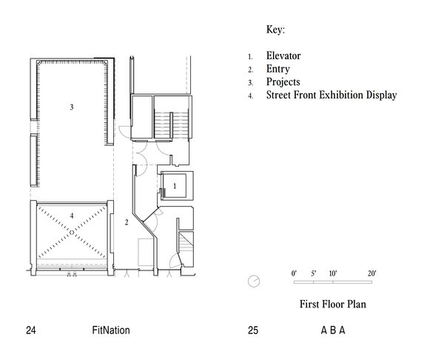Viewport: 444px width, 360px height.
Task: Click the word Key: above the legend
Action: (275, 30)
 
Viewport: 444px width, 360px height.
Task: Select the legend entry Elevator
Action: (283, 56)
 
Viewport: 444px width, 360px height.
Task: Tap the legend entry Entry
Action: (278, 69)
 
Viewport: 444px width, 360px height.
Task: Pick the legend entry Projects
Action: (283, 82)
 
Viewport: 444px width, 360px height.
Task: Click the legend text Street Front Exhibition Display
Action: (332, 95)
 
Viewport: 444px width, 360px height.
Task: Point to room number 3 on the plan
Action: (72, 107)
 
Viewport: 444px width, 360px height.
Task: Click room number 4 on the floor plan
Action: (72, 216)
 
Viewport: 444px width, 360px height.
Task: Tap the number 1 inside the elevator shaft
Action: (175, 186)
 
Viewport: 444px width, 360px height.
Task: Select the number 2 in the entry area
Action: (127, 222)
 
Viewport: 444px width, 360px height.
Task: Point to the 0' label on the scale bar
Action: (294, 273)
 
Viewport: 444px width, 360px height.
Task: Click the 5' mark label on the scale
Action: (314, 273)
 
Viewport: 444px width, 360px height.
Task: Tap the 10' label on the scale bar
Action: (333, 273)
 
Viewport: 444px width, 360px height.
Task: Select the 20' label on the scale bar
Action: (372, 273)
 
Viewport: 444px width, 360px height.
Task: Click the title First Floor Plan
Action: (333, 304)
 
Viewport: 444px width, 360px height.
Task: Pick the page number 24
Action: (31, 330)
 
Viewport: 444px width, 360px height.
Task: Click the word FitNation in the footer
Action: (111, 330)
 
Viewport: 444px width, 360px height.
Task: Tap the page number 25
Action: (253, 330)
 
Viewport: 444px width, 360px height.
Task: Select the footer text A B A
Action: (333, 330)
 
